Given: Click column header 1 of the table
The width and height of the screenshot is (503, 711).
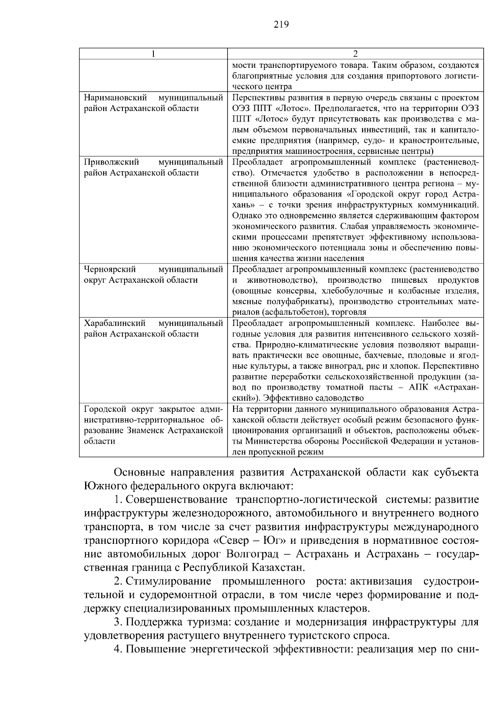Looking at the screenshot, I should point(153,54).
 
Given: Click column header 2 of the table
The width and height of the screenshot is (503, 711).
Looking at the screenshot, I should point(355,54).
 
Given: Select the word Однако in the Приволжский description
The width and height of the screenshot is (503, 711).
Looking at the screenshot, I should point(245,216).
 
